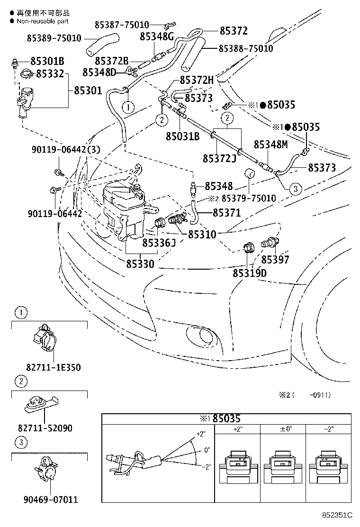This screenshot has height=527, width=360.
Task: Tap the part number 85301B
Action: (47, 62)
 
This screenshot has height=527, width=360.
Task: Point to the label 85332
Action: (50, 74)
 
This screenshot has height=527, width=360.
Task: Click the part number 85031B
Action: (182, 136)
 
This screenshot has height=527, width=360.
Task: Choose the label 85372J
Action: (219, 158)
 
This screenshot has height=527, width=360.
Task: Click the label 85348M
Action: (270, 144)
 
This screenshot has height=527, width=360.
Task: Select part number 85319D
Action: (249, 273)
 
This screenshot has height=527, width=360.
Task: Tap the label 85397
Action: (275, 260)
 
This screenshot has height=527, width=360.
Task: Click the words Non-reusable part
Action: (43, 21)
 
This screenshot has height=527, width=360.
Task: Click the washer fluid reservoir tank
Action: (123, 204)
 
